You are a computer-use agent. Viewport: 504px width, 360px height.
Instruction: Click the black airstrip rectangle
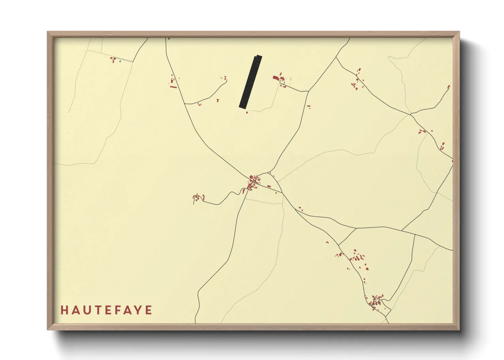(x=251, y=82)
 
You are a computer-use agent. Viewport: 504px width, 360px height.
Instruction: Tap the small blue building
(x=120, y=61)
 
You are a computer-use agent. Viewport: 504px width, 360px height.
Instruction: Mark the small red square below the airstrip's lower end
(x=247, y=112)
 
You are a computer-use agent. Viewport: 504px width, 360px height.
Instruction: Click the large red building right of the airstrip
(x=275, y=78)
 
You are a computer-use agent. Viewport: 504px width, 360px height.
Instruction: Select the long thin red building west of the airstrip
(x=173, y=87)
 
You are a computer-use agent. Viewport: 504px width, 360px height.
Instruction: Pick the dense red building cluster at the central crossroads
(x=253, y=183)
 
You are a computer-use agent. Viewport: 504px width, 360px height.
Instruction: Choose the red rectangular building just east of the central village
(x=269, y=186)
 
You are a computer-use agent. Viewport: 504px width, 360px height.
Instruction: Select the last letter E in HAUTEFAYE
(x=149, y=310)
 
